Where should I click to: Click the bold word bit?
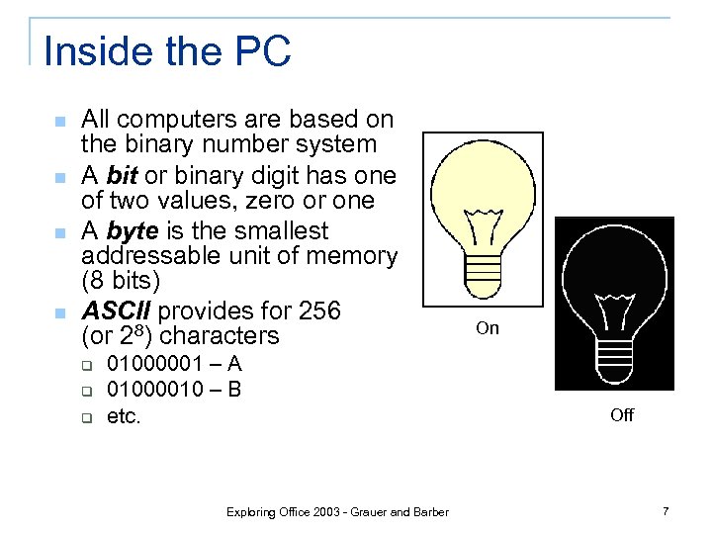coord(122,176)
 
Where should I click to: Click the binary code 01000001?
coord(156,364)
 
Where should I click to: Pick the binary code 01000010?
coord(156,390)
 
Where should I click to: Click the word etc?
coord(125,416)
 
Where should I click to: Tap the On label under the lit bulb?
coord(488,328)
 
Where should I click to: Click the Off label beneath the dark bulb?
coord(622,415)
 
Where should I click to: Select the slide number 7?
coord(666,511)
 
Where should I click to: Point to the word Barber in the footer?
coord(429,511)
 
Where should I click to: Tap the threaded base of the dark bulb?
coord(615,351)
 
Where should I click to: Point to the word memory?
coord(351,256)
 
